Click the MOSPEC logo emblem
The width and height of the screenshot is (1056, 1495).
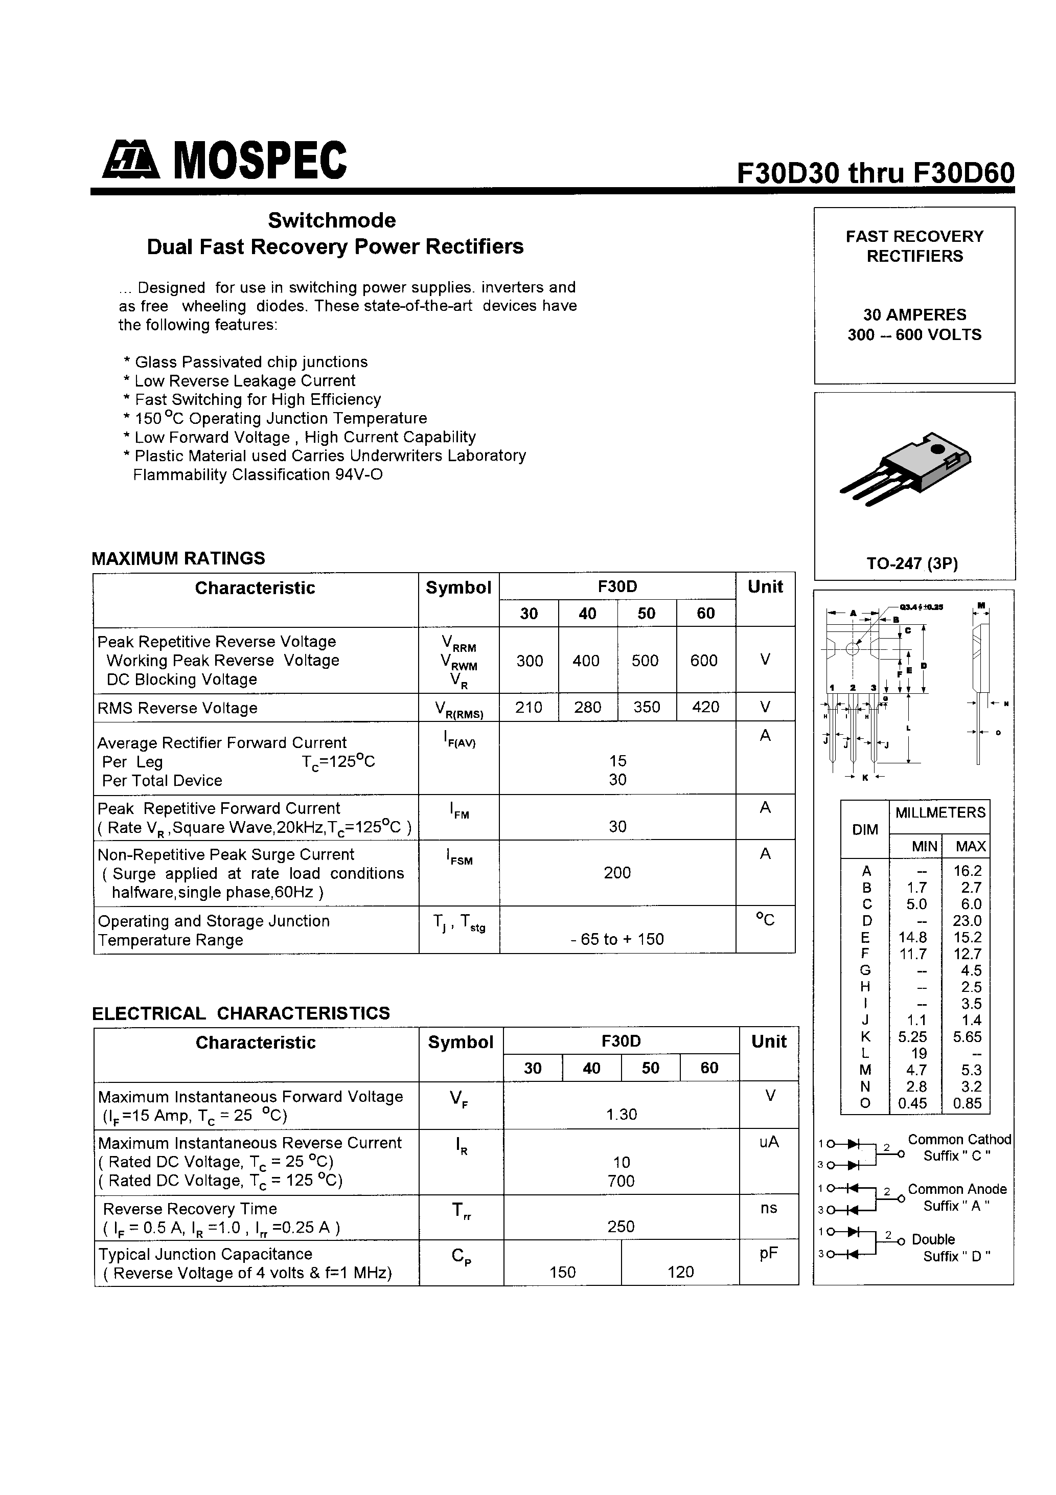point(130,161)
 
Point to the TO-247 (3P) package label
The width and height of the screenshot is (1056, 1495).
point(912,563)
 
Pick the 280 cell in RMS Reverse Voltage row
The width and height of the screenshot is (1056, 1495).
point(587,707)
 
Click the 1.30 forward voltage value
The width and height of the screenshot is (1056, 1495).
point(621,1114)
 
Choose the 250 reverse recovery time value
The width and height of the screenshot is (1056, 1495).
point(621,1226)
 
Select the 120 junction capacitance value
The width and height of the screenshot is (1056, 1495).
point(680,1272)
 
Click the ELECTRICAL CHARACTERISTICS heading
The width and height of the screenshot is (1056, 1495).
point(241,1013)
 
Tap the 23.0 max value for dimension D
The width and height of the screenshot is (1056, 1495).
point(967,921)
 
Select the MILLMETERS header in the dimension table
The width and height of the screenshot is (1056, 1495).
point(939,812)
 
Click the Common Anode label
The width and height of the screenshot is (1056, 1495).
point(956,1189)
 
